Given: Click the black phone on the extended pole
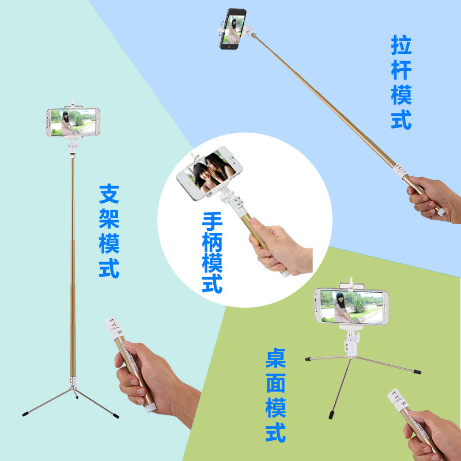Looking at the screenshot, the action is click(233, 28).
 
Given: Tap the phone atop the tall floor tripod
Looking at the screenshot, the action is click(73, 122).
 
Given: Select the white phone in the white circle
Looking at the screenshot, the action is click(209, 173).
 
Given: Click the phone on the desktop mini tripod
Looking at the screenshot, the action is click(352, 307).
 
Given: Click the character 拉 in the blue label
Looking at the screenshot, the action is click(401, 45).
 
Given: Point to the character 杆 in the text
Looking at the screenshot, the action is click(401, 70).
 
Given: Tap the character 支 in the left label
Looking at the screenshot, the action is click(109, 194).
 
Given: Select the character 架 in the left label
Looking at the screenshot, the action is click(109, 219).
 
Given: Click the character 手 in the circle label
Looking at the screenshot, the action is click(212, 222).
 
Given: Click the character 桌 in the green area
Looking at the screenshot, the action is click(275, 358).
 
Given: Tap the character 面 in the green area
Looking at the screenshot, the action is click(275, 383).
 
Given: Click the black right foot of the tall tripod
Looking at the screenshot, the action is click(116, 416).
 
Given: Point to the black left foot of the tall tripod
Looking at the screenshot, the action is click(25, 414).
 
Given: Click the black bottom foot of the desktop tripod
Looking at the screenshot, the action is click(331, 415).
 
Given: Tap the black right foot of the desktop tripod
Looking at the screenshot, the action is click(417, 372).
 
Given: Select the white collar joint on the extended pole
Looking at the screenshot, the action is click(400, 171).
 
